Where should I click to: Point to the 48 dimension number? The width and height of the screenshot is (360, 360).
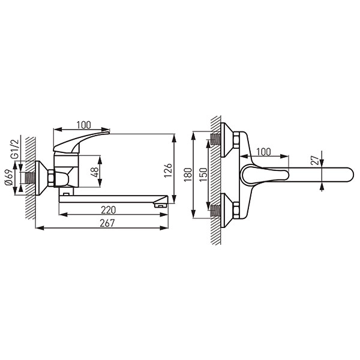[x=93, y=170]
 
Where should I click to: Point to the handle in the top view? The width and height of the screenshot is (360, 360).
[x=263, y=175]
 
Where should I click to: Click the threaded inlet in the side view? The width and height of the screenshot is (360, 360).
[x=27, y=178]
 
